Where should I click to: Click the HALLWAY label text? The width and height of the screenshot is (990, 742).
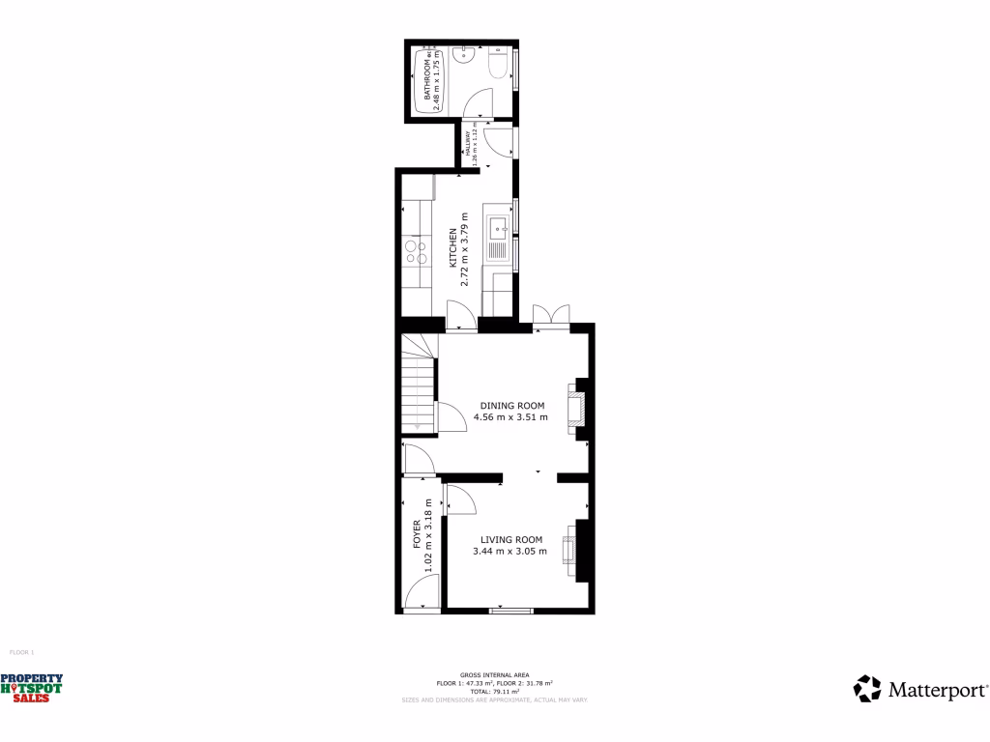click(x=466, y=145)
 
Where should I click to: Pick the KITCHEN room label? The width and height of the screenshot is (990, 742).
click(x=451, y=247)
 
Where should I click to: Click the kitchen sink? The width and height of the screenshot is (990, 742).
click(x=499, y=229)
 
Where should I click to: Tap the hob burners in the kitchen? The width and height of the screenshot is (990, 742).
click(x=419, y=252)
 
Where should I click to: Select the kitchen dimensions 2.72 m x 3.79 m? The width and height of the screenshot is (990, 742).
click(x=465, y=247)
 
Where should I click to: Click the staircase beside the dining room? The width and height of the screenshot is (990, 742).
click(x=419, y=382)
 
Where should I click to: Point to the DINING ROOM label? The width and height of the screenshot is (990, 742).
click(x=512, y=406)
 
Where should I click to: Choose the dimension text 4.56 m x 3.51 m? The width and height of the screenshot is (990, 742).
click(x=510, y=418)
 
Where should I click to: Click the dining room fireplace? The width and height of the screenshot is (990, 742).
click(x=577, y=406)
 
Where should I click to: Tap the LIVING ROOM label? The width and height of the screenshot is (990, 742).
click(x=510, y=540)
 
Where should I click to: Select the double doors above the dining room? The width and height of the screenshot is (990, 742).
click(x=551, y=316)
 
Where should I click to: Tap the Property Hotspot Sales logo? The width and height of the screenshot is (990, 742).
click(x=32, y=689)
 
